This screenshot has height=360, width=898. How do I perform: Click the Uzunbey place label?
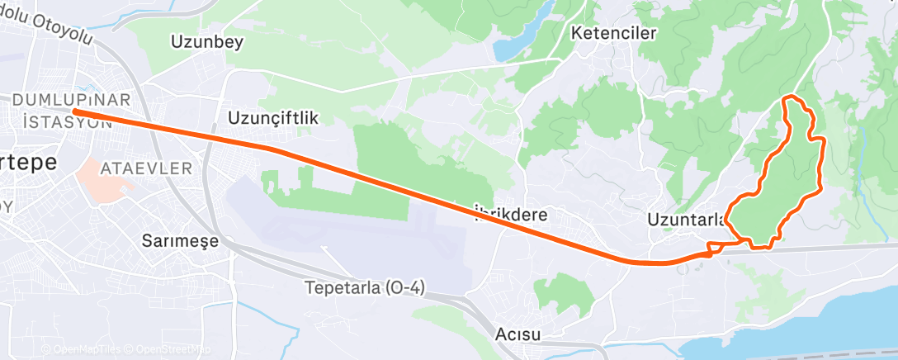tap(206, 42)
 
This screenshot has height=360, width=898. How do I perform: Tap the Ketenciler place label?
tap(613, 33)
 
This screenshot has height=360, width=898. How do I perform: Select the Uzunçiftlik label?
tap(272, 119)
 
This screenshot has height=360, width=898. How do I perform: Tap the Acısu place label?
tap(518, 334)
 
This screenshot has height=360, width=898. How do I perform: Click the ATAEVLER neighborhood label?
tap(145, 168)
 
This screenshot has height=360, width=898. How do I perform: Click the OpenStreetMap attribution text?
tap(165, 349)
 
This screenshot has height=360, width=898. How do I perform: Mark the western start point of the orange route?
tap(74, 111)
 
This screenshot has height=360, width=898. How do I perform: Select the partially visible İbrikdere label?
tap(512, 215)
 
